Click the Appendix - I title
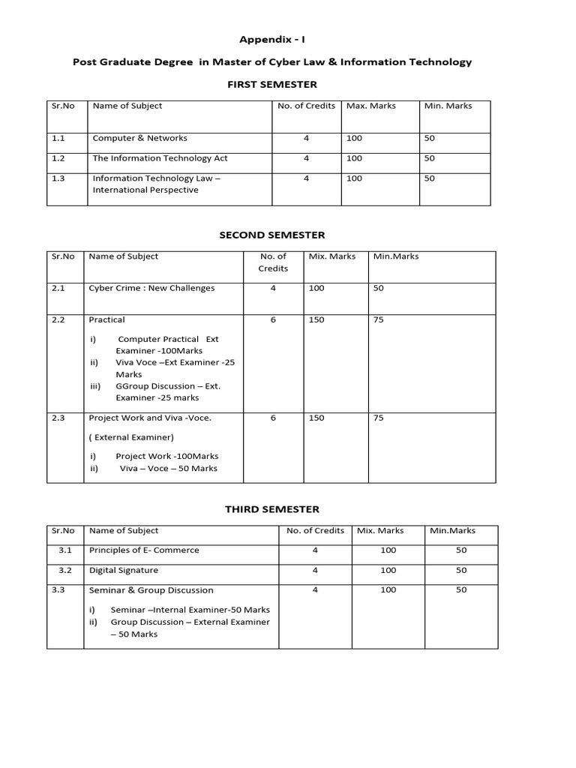(x=272, y=39)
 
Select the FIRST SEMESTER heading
(x=272, y=84)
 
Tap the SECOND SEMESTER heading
(x=272, y=235)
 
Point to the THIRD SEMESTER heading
(x=272, y=509)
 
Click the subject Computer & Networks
(x=139, y=138)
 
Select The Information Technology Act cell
(x=160, y=158)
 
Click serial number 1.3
(x=58, y=178)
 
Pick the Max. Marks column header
(x=371, y=106)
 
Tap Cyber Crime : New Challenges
(x=151, y=288)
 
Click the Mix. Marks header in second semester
(x=332, y=256)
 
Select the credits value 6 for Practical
(x=273, y=319)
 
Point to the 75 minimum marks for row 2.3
(x=378, y=418)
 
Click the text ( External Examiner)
(x=131, y=437)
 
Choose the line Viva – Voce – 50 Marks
(x=168, y=468)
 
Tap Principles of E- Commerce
(x=144, y=550)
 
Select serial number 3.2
(x=64, y=570)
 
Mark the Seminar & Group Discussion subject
(x=151, y=590)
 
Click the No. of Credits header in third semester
(x=315, y=530)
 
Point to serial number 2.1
(x=58, y=288)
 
